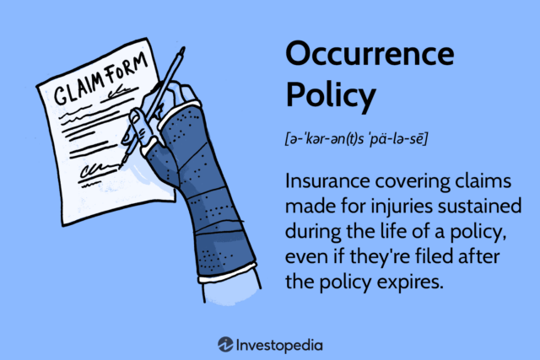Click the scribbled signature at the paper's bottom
(100, 174)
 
